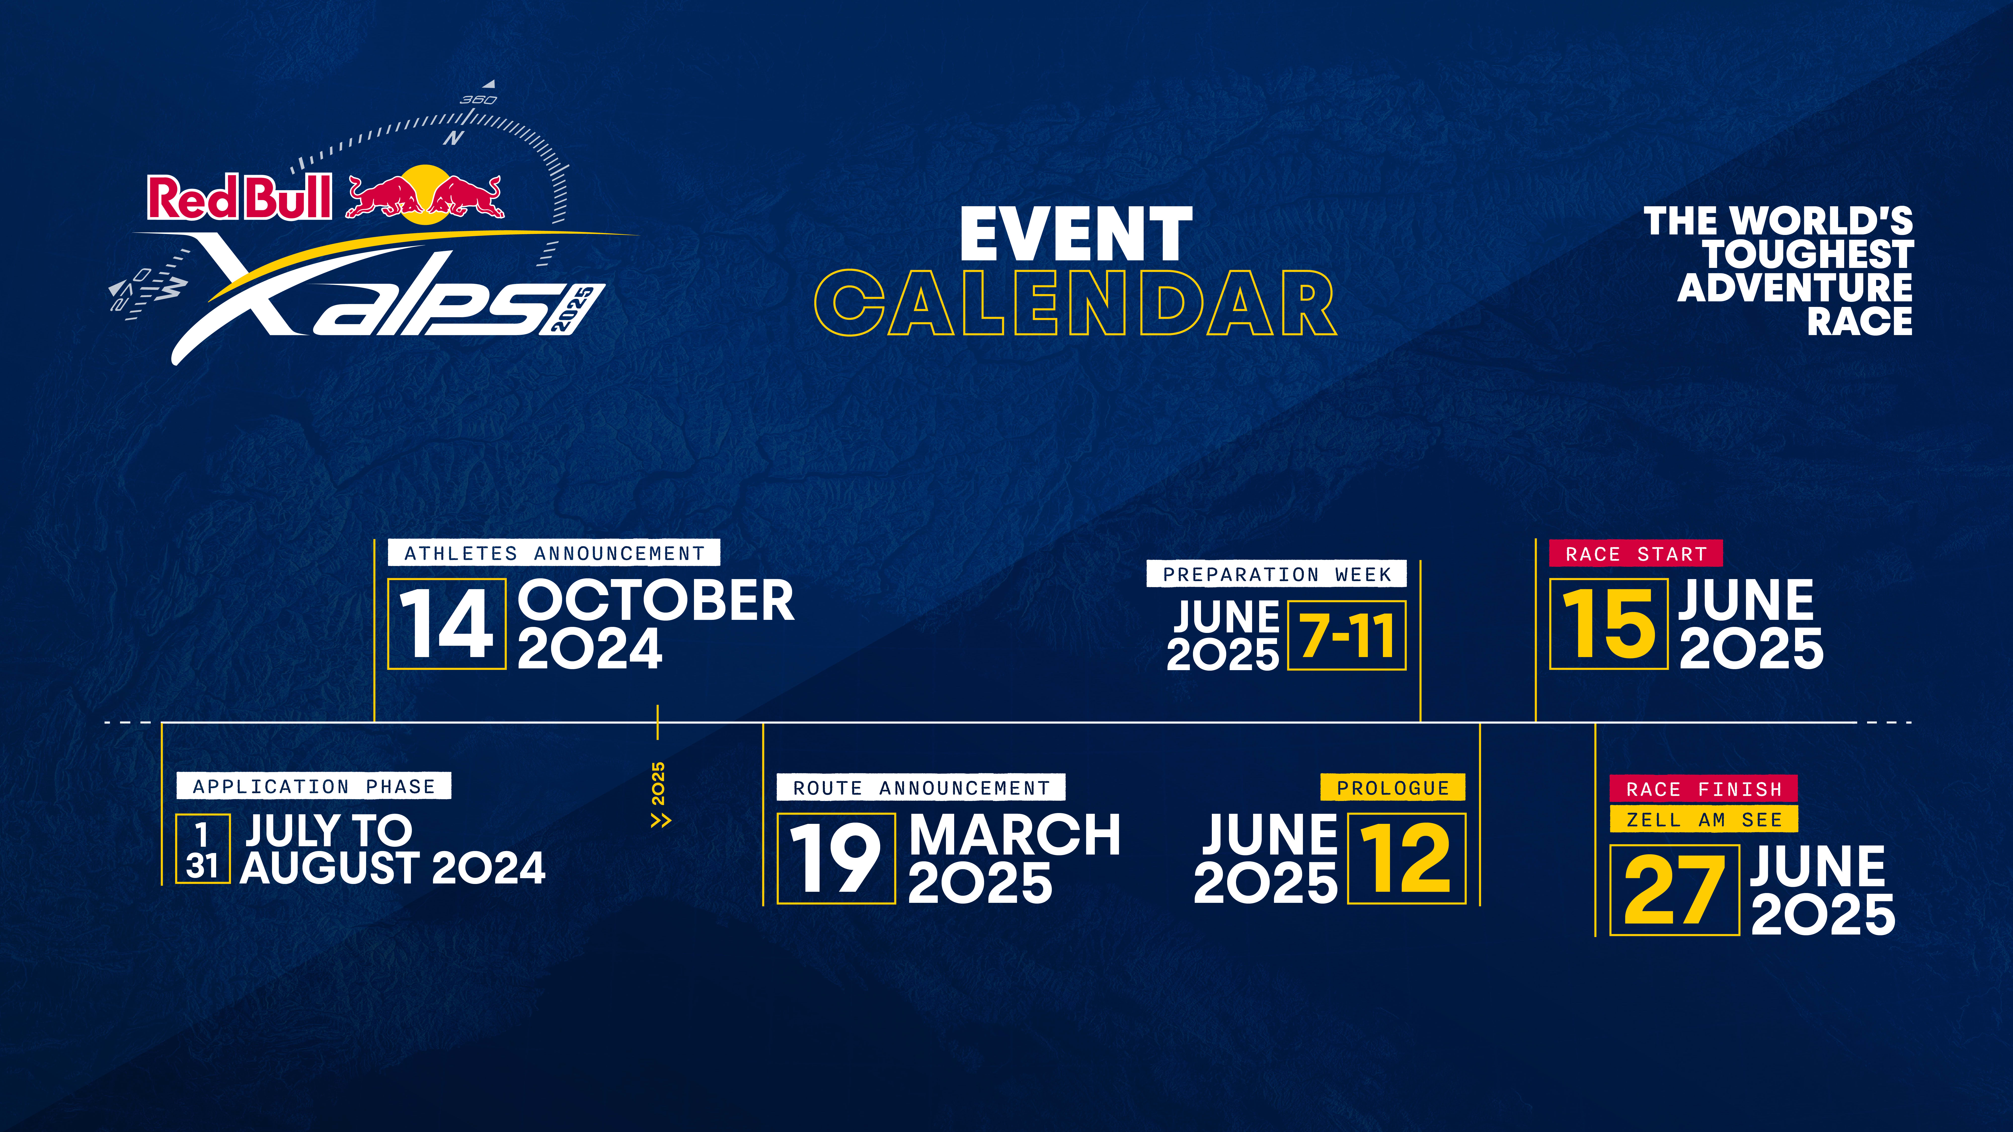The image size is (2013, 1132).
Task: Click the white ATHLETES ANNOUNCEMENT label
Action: (x=554, y=553)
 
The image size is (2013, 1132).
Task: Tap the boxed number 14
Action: (x=447, y=623)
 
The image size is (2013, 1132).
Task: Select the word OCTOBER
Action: (x=656, y=601)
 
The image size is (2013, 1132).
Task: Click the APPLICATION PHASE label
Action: (x=314, y=786)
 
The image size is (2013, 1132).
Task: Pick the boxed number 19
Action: (x=835, y=859)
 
